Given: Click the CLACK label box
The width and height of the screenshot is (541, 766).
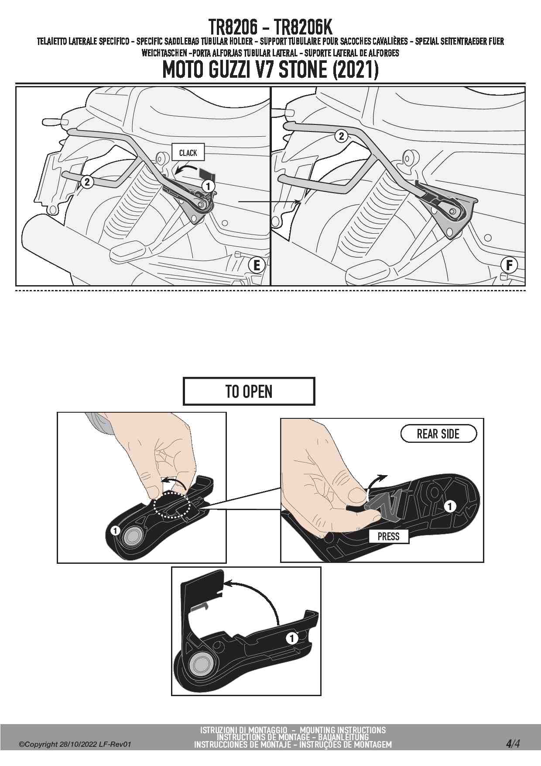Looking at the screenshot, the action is coord(188,152).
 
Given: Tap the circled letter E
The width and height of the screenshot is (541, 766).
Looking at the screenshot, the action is coord(257,265).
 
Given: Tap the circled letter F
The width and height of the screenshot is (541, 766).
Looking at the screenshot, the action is coord(509,265).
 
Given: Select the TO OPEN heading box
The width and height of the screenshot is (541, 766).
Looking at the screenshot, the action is coord(249,391).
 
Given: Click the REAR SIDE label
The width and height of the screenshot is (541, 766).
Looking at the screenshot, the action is coord(438,434).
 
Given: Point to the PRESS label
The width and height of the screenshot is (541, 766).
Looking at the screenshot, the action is coord(388,536).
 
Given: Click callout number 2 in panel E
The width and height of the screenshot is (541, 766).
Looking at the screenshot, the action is coord(87,182).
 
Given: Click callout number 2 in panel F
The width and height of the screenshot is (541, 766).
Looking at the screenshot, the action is coord(341,136).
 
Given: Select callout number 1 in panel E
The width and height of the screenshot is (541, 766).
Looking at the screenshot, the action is coord(208,186).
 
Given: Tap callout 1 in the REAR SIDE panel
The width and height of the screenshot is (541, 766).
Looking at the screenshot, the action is coord(450,506).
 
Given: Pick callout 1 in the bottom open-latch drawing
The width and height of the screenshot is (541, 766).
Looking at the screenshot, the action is coord(292,638).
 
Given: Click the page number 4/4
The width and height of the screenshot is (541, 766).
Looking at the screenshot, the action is coord(513,743).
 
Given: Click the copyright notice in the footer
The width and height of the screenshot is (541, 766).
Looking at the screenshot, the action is coord(75,744).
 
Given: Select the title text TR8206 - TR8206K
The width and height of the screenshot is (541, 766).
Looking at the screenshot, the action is coord(270,27).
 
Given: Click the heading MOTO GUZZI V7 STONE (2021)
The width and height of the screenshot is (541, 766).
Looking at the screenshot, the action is coord(270,69).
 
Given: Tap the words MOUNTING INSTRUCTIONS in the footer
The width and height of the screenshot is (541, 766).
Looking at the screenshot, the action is coord(343,730).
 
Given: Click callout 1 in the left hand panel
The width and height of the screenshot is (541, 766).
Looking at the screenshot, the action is coord(115,531).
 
